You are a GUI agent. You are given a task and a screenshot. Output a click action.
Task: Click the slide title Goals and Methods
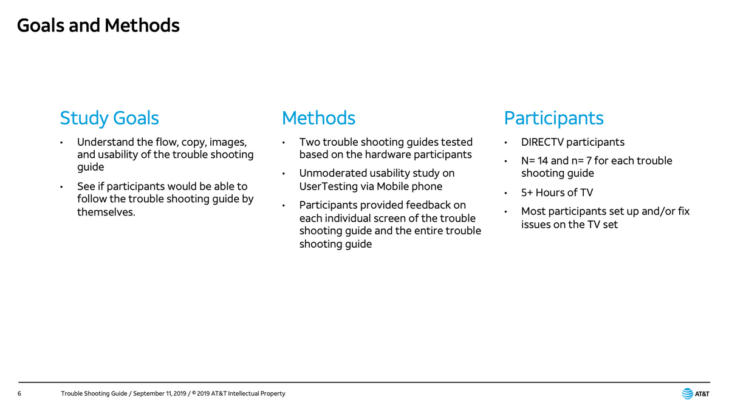tap(98, 25)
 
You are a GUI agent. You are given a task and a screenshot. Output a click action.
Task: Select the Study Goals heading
tap(109, 118)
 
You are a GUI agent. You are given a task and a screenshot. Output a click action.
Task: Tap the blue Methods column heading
tap(318, 118)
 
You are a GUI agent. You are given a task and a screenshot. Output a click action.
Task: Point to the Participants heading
tap(553, 118)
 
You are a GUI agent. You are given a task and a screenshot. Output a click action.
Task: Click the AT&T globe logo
tap(687, 393)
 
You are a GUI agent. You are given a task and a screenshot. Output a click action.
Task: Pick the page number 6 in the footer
tap(19, 393)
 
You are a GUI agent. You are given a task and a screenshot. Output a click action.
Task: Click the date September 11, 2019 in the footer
tap(159, 393)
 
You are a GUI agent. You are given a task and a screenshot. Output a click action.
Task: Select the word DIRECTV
tap(542, 142)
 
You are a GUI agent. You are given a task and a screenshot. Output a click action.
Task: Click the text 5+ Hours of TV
tap(557, 192)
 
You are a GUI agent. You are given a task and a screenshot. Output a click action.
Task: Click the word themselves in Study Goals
tap(105, 212)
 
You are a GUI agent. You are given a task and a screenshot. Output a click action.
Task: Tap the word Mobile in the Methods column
tap(392, 186)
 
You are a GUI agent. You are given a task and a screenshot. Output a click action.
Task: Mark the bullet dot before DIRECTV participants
tap(505, 143)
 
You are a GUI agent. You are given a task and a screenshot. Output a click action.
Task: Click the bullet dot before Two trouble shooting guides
tap(284, 143)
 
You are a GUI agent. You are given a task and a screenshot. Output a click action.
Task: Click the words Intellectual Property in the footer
tap(256, 393)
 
